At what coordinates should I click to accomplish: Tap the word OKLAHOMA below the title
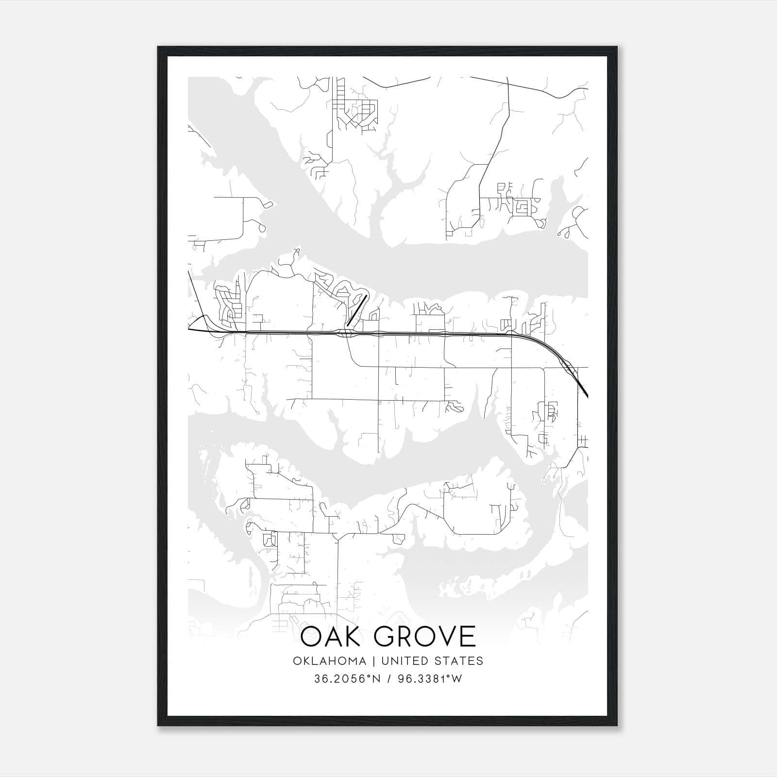pyautogui.click(x=329, y=661)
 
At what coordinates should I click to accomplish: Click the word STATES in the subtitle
pyautogui.click(x=459, y=661)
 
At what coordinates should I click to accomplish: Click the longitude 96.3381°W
pyautogui.click(x=430, y=679)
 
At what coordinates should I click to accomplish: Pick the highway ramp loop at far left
pyautogui.click(x=199, y=323)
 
